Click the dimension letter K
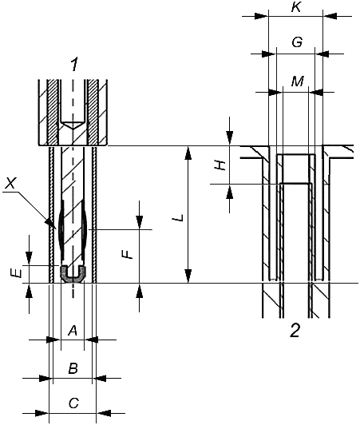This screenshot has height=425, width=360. pyautogui.click(x=296, y=7)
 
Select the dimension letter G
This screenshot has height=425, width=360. pyautogui.click(x=297, y=42)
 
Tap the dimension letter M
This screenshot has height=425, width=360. pyautogui.click(x=298, y=81)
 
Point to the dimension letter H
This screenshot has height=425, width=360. pyautogui.click(x=220, y=165)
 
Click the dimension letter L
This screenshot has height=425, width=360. pyautogui.click(x=179, y=217)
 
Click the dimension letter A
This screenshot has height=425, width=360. pyautogui.click(x=73, y=331)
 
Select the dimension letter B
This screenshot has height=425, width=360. pyautogui.click(x=73, y=368)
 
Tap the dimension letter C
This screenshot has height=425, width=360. pyautogui.click(x=73, y=403)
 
